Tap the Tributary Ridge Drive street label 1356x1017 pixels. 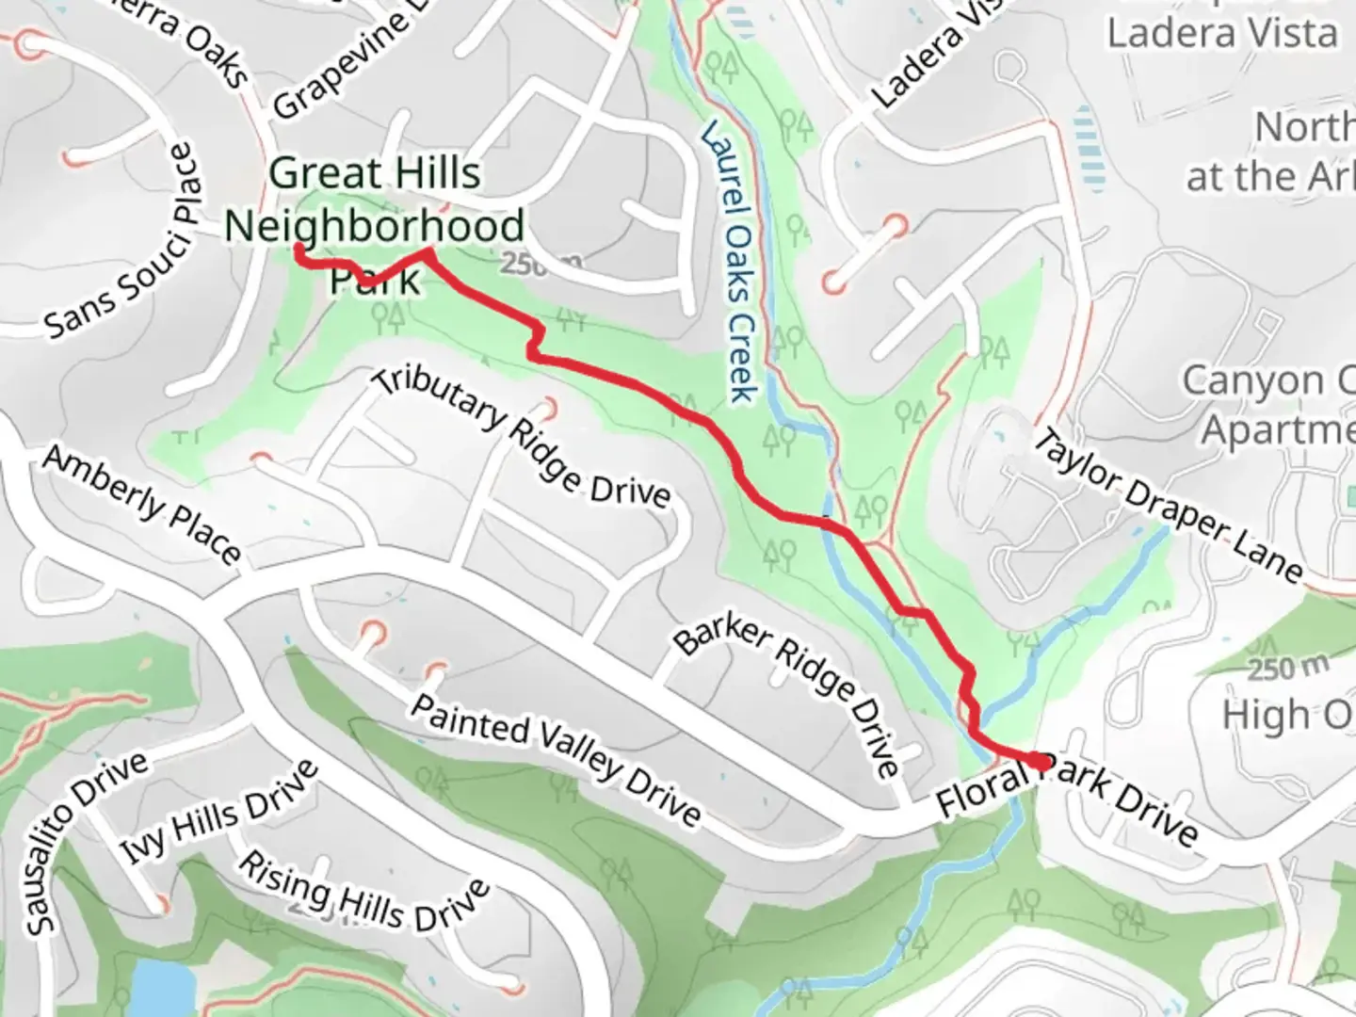pyautogui.click(x=523, y=437)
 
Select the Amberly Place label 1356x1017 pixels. pyautogui.click(x=141, y=504)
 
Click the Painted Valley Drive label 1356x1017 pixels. pyautogui.click(x=556, y=759)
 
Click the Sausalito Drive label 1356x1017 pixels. pyautogui.click(x=85, y=843)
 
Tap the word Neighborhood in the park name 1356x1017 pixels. pyautogui.click(x=374, y=226)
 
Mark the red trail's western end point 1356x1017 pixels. pyautogui.click(x=299, y=249)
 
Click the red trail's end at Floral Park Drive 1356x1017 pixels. pyautogui.click(x=1039, y=761)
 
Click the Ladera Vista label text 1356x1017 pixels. pyautogui.click(x=1221, y=34)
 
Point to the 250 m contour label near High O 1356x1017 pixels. pyautogui.click(x=1288, y=669)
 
